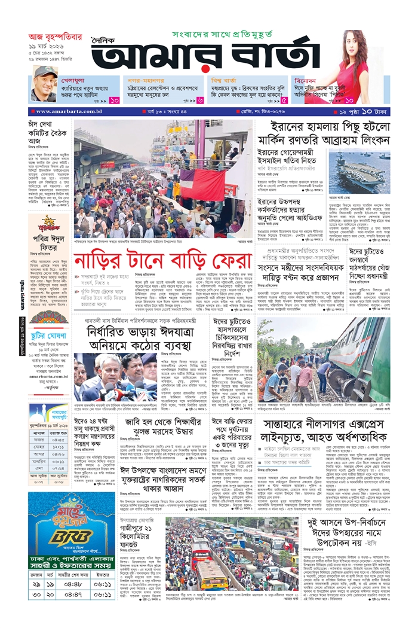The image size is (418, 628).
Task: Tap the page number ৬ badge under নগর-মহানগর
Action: (x=200, y=100)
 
